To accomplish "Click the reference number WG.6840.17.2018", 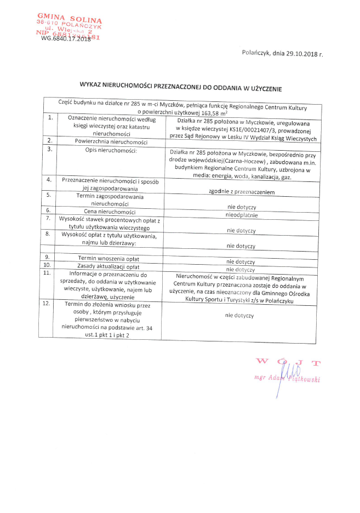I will tap(66, 38).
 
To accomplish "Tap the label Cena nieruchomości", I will tap(110, 211).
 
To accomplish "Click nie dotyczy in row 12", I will tap(239, 316).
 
